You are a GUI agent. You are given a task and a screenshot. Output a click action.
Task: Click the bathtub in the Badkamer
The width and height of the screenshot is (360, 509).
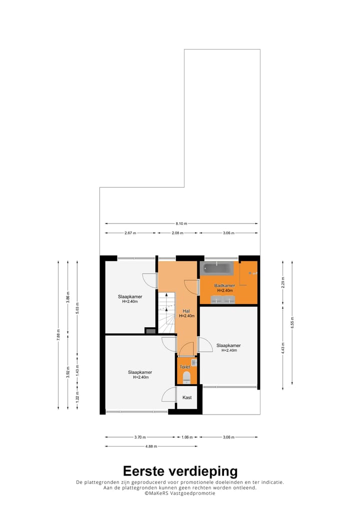coord(217,268)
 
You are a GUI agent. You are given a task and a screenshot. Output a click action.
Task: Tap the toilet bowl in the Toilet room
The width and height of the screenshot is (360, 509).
coord(187,376)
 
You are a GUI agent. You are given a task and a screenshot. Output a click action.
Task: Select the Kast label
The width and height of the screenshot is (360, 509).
coord(187,397)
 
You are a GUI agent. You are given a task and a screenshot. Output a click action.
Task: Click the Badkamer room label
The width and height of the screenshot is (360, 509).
coord(224,286)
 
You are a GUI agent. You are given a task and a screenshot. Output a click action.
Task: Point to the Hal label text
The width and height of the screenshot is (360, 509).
coord(186,310)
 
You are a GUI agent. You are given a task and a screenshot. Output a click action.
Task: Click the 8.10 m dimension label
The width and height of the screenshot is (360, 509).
coord(181,223)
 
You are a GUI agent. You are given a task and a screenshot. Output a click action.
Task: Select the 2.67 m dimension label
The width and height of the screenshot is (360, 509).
coord(130,233)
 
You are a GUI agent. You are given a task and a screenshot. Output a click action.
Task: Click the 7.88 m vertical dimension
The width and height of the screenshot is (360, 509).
coord(58,334)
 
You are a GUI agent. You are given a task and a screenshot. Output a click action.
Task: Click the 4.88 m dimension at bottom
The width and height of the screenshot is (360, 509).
coord(151,446)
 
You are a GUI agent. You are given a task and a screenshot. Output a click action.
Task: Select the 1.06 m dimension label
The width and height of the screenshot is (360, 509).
coord(187,437)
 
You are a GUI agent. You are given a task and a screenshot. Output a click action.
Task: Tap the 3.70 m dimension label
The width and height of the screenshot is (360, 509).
coord(140,437)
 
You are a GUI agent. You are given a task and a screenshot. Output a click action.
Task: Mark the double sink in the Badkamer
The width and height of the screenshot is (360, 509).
coord(223,299)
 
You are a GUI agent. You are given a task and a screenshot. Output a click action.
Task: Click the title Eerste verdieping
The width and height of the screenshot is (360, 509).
coord(180,471)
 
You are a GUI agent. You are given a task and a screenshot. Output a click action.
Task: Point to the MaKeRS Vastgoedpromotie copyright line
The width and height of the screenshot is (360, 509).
coord(180,493)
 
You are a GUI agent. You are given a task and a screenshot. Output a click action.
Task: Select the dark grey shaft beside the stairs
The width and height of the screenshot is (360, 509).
coord(150,330)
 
